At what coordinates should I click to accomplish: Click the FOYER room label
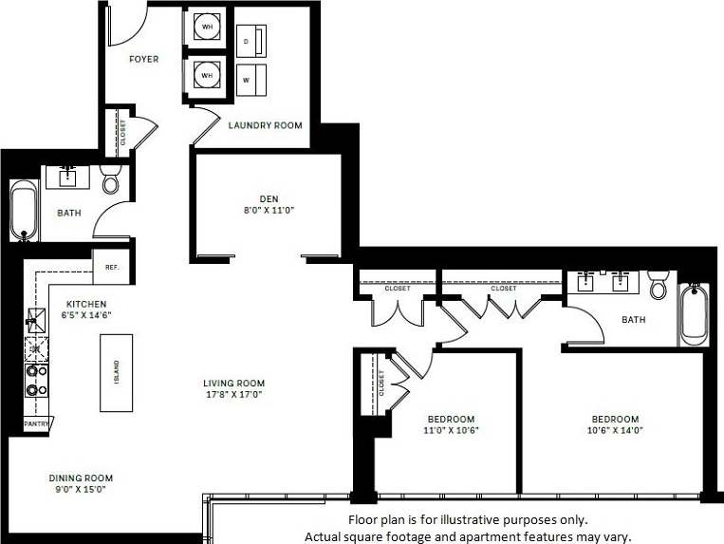coord(144,60)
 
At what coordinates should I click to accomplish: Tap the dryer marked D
coord(251,42)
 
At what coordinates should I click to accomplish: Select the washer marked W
coord(251,79)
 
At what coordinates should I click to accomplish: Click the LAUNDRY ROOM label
coord(265,125)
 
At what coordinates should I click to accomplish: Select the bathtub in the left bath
coord(24,211)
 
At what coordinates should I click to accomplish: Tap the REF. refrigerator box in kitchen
coord(111,268)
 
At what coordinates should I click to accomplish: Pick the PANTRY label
coord(37,423)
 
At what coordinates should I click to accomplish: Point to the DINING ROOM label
coord(82,484)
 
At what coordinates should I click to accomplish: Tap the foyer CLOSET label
coord(121,132)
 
